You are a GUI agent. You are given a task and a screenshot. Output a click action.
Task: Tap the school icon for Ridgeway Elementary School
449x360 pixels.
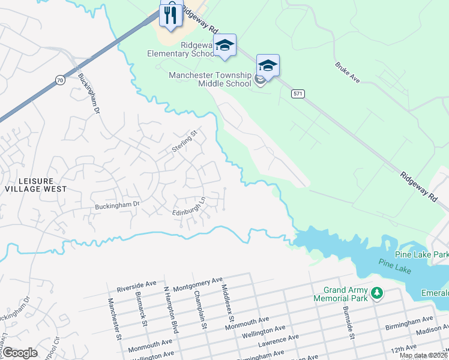(224, 45)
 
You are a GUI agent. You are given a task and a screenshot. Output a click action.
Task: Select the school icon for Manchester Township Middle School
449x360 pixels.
(268, 65)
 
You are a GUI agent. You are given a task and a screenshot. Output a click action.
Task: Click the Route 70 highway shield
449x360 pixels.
(59, 80)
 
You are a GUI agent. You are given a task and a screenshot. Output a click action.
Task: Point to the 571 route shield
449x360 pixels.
(298, 94)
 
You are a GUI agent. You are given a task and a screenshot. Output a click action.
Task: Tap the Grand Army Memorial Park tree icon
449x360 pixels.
(376, 293)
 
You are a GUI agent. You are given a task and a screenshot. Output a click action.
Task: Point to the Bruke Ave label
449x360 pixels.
(347, 71)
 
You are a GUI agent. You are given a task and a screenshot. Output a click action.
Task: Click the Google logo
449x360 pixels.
(20, 352)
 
